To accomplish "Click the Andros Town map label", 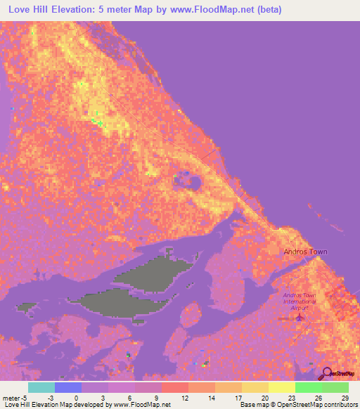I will coord(305,252).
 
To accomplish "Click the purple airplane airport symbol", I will coord(301,318).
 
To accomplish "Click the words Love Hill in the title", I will coord(32,10).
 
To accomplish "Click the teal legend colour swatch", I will coord(41,387).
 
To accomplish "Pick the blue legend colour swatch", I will coord(68,387).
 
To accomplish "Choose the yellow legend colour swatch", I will coord(282,387).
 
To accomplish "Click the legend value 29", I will coord(345,398).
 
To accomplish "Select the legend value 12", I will coord(184,398).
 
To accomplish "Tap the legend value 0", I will coord(77,398).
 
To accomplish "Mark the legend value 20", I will coord(264,398).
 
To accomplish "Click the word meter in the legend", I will coord(10,398).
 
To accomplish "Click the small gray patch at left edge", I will coord(27,307).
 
